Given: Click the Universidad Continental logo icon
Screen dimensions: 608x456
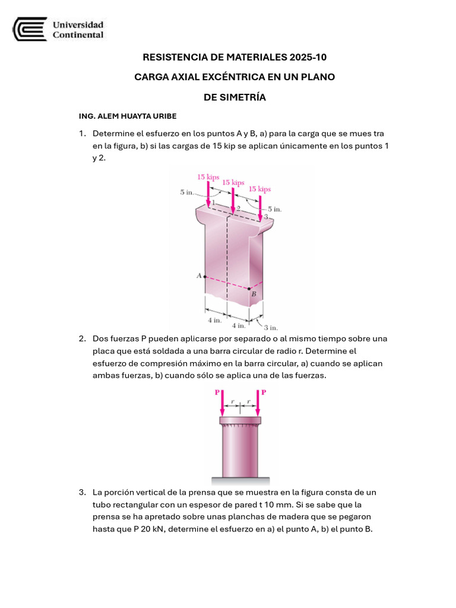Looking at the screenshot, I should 30,29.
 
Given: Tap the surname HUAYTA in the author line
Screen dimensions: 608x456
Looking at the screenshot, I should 133,116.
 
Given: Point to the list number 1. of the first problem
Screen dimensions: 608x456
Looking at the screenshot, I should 83,134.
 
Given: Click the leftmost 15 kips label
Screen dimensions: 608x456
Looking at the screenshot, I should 208,177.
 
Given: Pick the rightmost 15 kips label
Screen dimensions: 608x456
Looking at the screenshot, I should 259,189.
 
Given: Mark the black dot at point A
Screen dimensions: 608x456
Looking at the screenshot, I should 204,276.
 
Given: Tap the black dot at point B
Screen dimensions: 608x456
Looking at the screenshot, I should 249,289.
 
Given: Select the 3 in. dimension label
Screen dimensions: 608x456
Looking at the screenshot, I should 271,327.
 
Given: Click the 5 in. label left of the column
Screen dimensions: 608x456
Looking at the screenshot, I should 186,192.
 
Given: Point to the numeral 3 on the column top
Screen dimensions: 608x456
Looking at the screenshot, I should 266,217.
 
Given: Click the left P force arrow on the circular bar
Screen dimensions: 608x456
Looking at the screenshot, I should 222,404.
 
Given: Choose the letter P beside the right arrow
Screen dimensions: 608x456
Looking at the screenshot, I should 264,392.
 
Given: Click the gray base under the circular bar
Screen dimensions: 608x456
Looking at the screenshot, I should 240,481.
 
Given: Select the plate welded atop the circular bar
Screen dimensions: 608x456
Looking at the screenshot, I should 240,421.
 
